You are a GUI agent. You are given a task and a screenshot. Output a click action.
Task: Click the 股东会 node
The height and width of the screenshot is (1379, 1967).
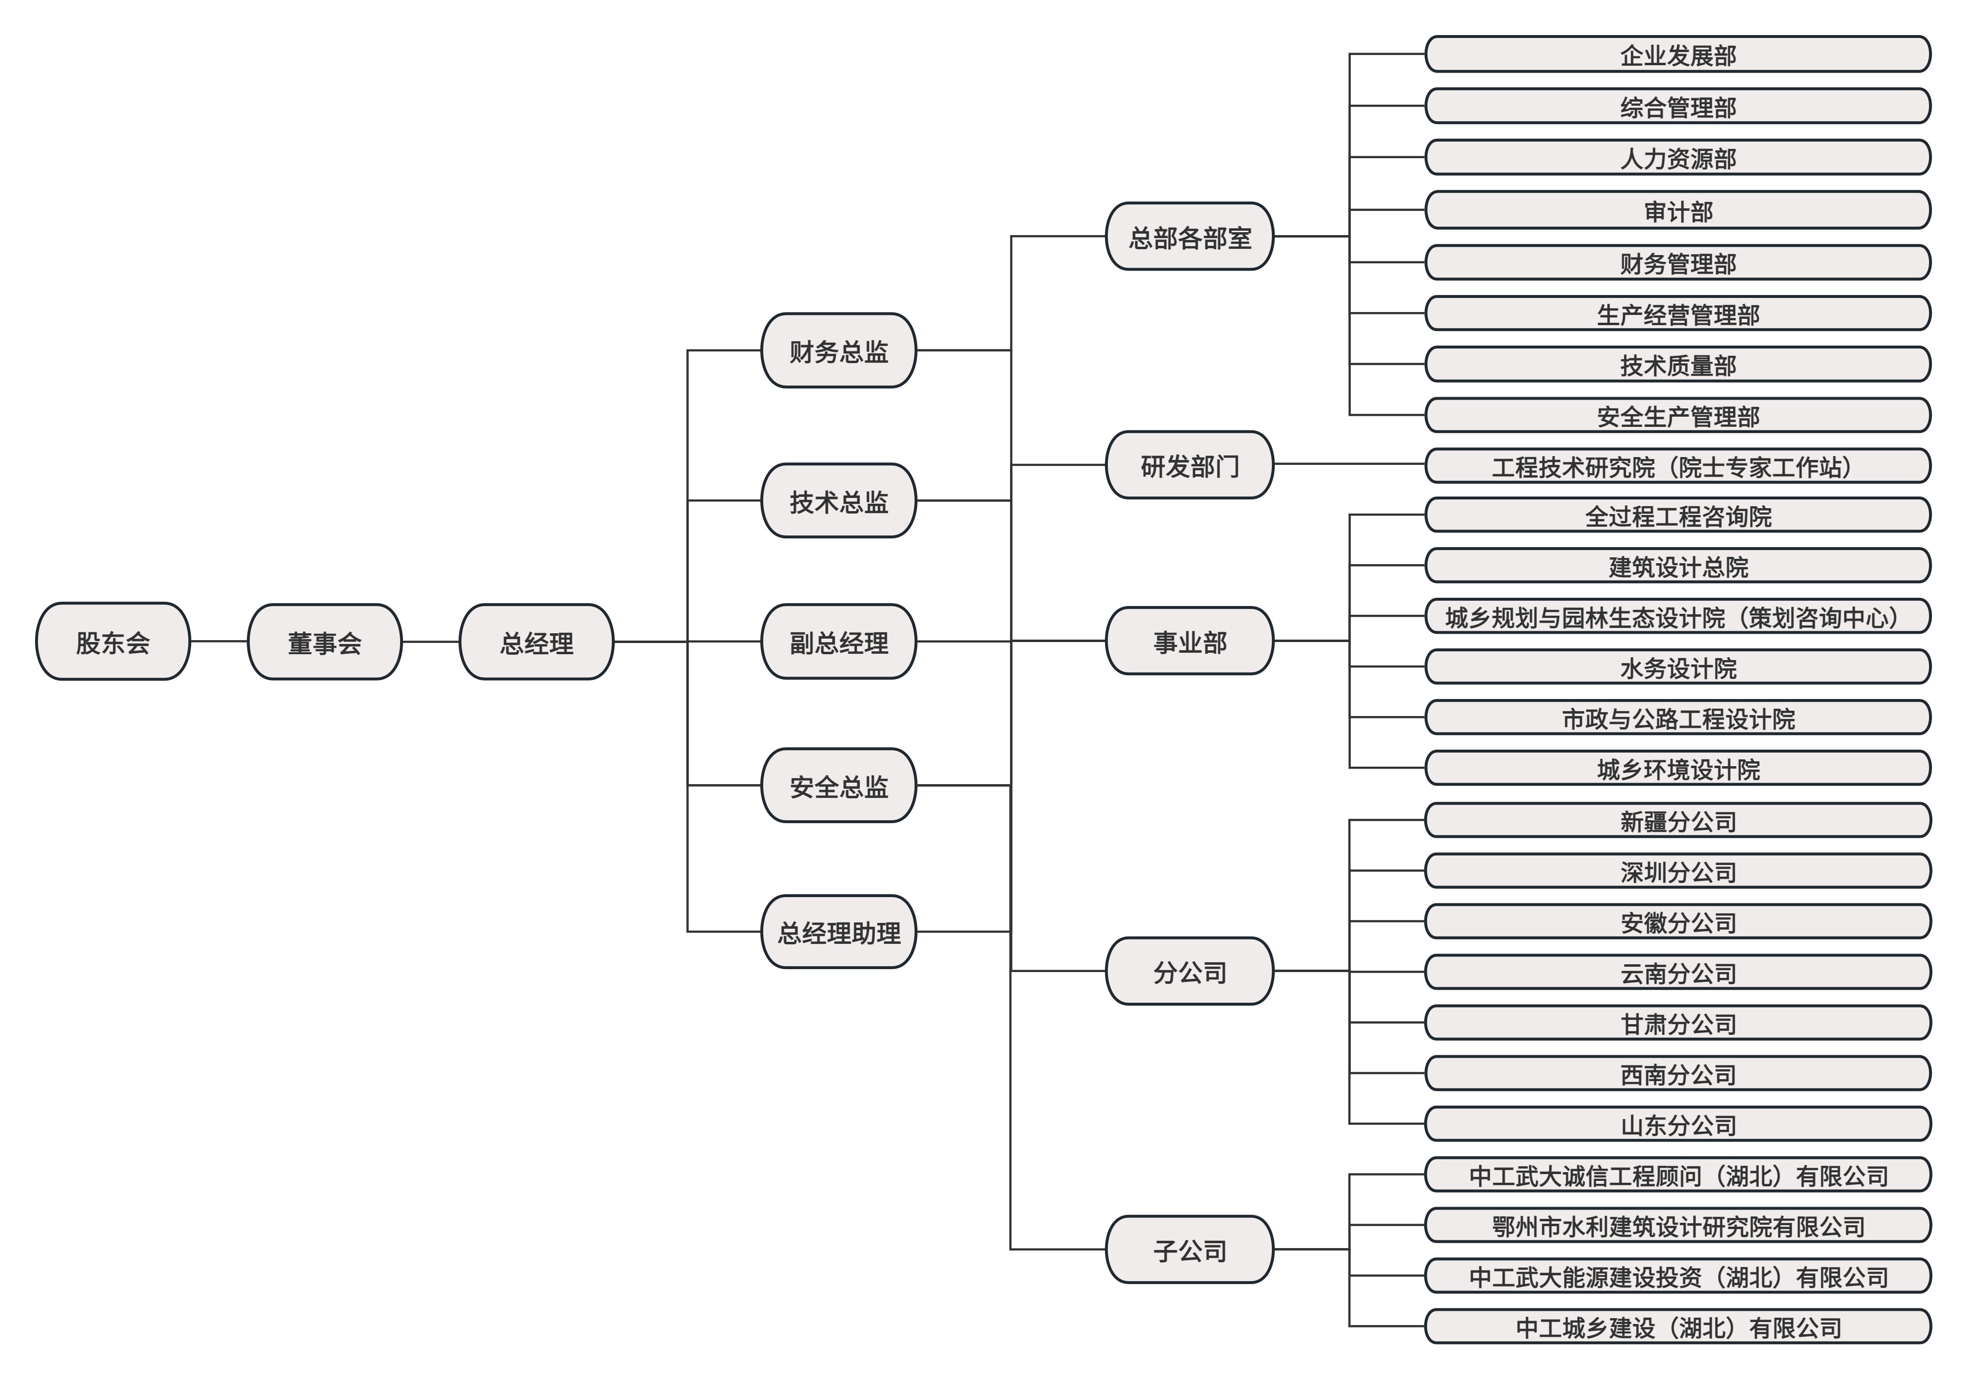[112, 642]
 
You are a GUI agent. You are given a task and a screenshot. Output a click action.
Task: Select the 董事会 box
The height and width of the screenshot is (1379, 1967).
[325, 642]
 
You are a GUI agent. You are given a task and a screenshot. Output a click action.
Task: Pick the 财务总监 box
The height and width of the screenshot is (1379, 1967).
[839, 350]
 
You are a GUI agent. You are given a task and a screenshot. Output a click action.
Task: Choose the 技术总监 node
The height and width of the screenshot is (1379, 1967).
[839, 501]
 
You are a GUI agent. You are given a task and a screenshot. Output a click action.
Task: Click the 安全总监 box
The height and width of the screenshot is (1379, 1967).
[839, 786]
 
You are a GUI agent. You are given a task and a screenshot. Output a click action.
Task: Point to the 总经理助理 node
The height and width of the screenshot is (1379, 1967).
[839, 932]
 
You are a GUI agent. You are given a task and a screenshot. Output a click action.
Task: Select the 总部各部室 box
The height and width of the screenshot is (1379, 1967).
[1190, 237]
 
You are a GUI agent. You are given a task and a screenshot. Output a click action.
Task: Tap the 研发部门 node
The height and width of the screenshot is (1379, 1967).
[1190, 465]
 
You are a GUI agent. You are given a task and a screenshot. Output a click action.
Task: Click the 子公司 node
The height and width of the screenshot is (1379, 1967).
[1190, 1250]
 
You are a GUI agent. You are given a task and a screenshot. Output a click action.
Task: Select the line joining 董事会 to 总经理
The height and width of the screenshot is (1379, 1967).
[431, 642]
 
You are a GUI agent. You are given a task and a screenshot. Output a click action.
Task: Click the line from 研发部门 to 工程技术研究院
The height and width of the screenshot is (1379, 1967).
[1349, 465]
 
